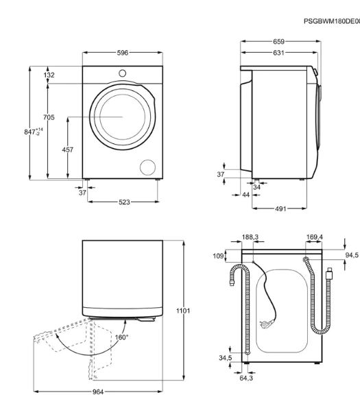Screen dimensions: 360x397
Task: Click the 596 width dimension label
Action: (x=123, y=53)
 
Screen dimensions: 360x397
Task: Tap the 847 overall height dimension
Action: (x=34, y=132)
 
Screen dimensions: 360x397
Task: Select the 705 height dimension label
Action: (x=49, y=117)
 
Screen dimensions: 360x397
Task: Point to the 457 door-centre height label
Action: (x=68, y=149)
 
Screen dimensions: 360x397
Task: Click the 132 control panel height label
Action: (x=49, y=75)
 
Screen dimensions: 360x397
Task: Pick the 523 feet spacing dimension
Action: (x=124, y=202)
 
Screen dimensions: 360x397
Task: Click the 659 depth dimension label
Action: (x=278, y=42)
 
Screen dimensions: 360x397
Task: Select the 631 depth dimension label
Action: (x=278, y=53)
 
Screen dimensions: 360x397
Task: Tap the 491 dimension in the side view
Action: (x=280, y=208)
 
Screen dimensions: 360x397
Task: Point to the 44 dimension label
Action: (x=245, y=195)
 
